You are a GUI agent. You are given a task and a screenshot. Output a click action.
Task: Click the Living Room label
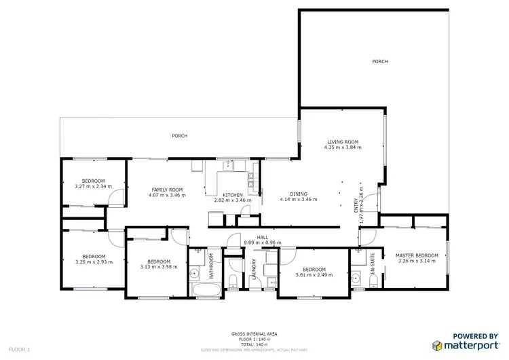pos(341,141)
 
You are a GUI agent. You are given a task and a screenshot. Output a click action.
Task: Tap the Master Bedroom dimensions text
pos(417,261)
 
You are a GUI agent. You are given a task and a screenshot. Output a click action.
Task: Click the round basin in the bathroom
pos(195,274)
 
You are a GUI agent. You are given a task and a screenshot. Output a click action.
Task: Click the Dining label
pos(299,194)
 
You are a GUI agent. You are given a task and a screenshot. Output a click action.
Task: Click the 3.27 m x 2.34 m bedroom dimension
pos(92,186)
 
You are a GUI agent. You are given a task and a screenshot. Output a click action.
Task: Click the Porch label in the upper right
pos(379,61)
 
